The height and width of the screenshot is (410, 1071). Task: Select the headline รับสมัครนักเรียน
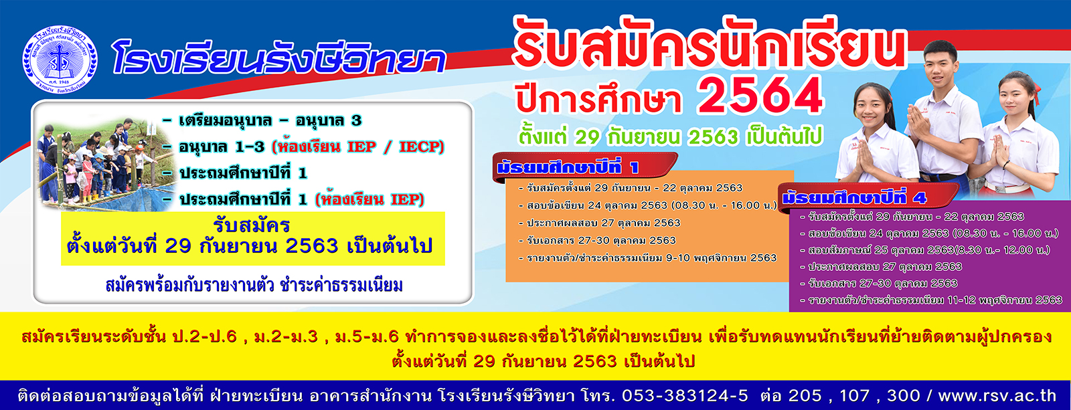click(708, 43)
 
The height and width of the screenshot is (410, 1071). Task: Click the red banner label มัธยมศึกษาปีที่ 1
click(569, 168)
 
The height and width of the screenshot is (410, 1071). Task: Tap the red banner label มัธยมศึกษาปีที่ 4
click(854, 197)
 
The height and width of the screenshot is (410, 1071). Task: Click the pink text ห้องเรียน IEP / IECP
click(358, 146)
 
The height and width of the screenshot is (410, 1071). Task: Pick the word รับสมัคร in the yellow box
click(252, 225)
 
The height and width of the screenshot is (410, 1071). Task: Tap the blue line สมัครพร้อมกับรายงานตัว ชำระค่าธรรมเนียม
click(254, 286)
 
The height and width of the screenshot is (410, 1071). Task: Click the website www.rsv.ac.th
click(997, 396)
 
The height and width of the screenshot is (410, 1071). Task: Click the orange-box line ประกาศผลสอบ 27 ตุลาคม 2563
click(600, 223)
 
